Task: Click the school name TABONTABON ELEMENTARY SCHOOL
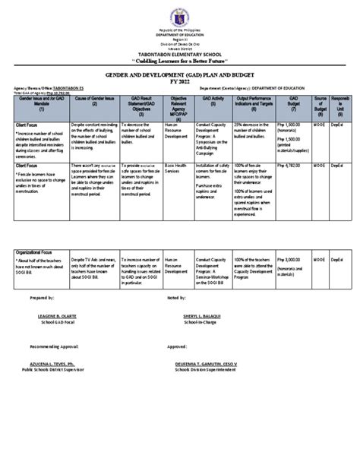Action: click(x=180, y=52)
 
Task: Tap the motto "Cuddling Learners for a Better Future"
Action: click(x=180, y=59)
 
